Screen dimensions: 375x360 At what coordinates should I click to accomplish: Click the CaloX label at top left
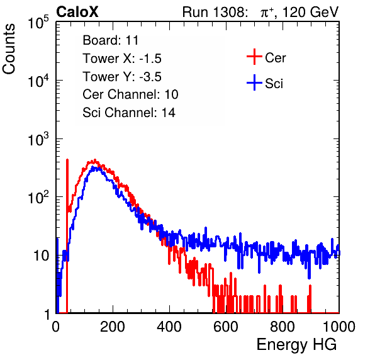coord(77,12)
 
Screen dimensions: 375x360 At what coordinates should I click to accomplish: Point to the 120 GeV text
coord(310,12)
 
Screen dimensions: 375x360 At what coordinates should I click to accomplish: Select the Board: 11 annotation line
coord(111,40)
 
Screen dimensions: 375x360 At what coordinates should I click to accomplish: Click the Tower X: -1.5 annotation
coord(122,59)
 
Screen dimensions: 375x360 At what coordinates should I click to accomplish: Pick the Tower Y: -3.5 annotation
coord(122,77)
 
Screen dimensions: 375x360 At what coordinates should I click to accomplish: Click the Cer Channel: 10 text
coord(130,94)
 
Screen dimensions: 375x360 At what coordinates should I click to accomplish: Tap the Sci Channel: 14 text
coord(129,113)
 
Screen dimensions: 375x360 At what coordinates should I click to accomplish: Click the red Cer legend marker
coord(254,57)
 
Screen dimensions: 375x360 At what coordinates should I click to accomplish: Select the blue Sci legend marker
coord(254,82)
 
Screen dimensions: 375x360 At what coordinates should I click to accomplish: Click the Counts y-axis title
coord(9,49)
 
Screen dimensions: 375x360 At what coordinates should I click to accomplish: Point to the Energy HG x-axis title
coord(296,344)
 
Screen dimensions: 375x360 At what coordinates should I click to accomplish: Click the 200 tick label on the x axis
coord(113,327)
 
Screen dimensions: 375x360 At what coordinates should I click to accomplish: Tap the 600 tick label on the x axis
coord(226,327)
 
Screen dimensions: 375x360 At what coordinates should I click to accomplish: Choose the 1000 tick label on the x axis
coord(339,327)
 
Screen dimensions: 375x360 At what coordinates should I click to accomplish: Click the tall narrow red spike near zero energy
coord(67,235)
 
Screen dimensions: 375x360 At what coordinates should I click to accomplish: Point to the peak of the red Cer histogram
coord(95,160)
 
